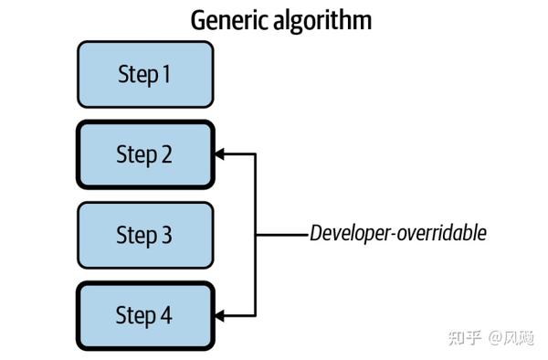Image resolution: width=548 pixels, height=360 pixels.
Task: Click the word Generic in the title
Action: [228, 20]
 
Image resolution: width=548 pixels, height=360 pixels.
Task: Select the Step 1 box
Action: [145, 74]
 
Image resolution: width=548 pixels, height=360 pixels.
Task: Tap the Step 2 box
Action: [145, 154]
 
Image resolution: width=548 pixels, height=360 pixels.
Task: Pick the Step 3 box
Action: [145, 235]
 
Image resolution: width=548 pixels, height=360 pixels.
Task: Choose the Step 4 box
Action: [145, 315]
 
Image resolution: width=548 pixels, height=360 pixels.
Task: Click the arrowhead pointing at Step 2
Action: [222, 154]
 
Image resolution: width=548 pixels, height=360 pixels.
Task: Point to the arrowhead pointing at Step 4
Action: [222, 316]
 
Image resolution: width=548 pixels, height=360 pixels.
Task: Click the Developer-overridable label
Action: [397, 233]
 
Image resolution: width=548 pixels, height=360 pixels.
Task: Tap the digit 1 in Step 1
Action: [165, 74]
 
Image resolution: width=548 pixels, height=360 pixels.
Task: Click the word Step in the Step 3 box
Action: [135, 235]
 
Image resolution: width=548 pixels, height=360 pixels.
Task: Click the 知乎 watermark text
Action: [462, 337]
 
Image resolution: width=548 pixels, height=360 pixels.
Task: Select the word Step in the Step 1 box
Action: [135, 74]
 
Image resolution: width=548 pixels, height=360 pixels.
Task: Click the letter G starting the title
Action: [198, 20]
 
